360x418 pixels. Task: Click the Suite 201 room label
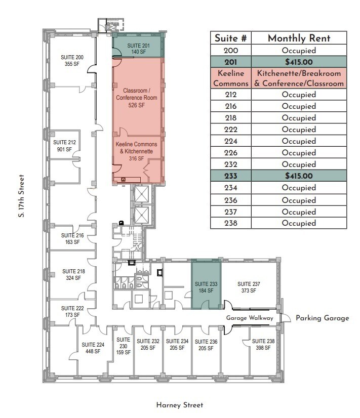click(138, 49)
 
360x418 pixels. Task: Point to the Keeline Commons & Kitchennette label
click(136, 151)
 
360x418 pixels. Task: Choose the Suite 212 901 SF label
click(64, 146)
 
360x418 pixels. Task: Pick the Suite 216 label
click(72, 239)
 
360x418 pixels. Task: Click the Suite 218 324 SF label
click(73, 274)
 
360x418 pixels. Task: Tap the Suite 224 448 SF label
click(93, 348)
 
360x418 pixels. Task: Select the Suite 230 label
click(123, 346)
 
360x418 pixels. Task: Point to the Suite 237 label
click(249, 287)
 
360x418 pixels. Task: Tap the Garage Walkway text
click(250, 318)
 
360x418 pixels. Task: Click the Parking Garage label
click(323, 318)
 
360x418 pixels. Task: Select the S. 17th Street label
click(22, 196)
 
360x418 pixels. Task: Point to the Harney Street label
click(180, 405)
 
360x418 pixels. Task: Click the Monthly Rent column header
click(299, 38)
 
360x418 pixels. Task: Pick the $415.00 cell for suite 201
click(299, 62)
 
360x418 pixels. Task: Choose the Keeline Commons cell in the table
click(231, 78)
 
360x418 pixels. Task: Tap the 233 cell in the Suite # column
click(231, 176)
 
